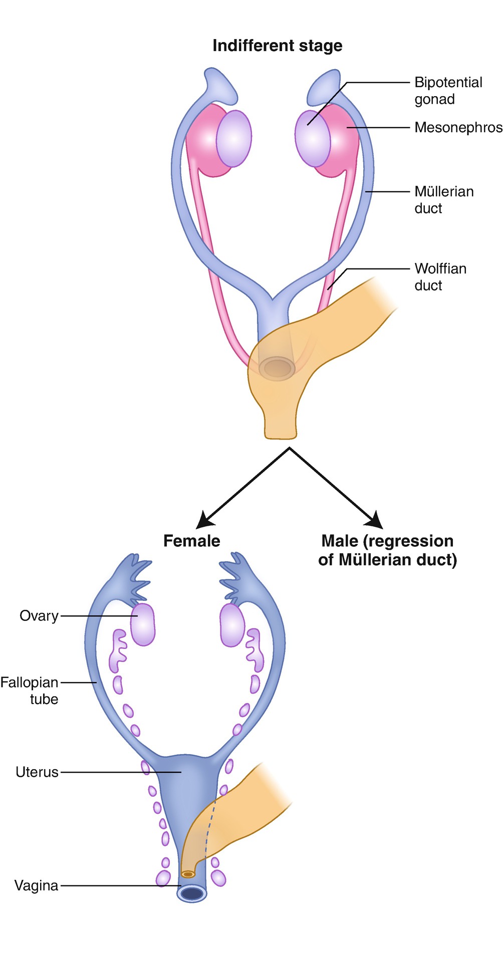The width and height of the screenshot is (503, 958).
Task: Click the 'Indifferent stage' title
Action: click(277, 46)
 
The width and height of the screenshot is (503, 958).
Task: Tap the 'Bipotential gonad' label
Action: click(448, 91)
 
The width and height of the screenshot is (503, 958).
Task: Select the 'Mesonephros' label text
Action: click(458, 128)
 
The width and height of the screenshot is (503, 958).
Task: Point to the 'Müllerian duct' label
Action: click(443, 200)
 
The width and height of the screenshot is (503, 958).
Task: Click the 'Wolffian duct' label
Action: click(440, 277)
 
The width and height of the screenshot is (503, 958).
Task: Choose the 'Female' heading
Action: click(191, 541)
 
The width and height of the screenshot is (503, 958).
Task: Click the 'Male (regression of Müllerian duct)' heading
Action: click(387, 550)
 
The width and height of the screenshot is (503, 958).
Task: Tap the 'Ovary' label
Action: click(39, 615)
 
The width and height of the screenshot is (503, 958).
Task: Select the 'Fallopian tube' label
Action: click(30, 691)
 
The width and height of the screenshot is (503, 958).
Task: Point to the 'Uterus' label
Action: click(37, 772)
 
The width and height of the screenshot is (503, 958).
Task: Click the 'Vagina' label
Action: click(36, 885)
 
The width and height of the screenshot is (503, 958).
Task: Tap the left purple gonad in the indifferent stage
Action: click(233, 138)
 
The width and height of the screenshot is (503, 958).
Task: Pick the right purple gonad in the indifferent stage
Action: click(312, 139)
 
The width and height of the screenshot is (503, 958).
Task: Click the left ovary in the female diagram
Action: click(143, 624)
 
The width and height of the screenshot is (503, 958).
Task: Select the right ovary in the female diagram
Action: click(232, 624)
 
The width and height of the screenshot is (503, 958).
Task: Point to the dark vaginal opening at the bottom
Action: click(192, 893)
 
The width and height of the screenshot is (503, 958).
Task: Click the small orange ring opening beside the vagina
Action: click(188, 874)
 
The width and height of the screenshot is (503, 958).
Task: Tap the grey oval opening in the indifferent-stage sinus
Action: click(278, 369)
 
